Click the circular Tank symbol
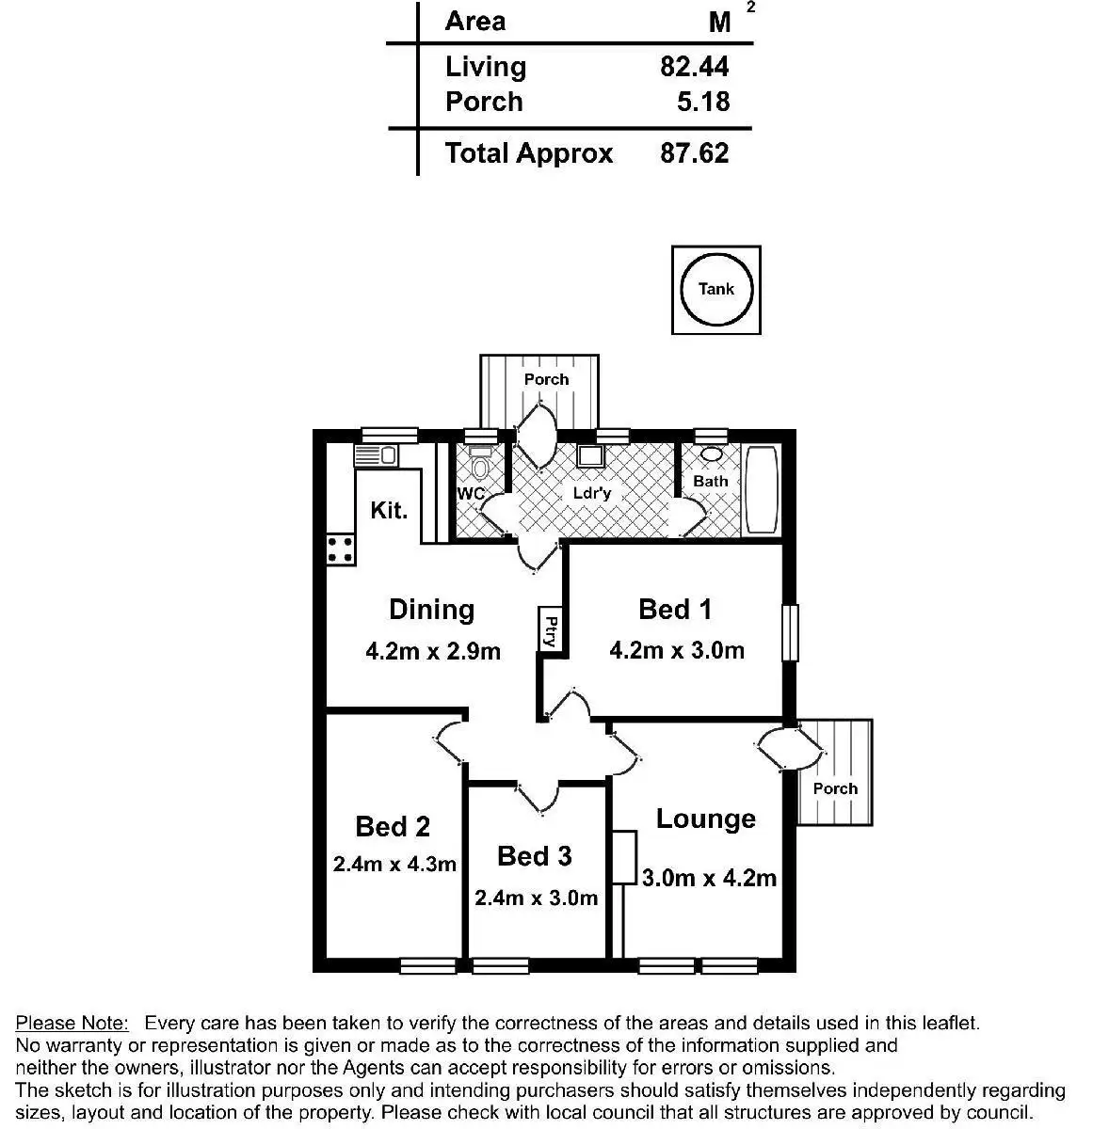tap(715, 289)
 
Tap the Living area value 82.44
tap(694, 67)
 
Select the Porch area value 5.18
tap(702, 102)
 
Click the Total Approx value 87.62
tap(694, 153)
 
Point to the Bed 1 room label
tap(675, 610)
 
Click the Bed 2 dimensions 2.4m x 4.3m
tap(394, 864)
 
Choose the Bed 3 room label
tap(534, 856)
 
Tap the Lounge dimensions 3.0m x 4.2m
tap(709, 878)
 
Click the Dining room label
tap(431, 610)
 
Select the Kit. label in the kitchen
tap(389, 510)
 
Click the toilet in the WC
tap(481, 467)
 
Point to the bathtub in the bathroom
tap(761, 490)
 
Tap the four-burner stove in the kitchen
tap(341, 549)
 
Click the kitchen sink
tap(376, 456)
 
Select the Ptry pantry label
tap(551, 630)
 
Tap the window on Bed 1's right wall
tap(792, 633)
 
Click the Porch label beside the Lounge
tap(835, 788)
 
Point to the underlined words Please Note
tap(72, 1023)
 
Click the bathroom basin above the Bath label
tap(711, 454)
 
